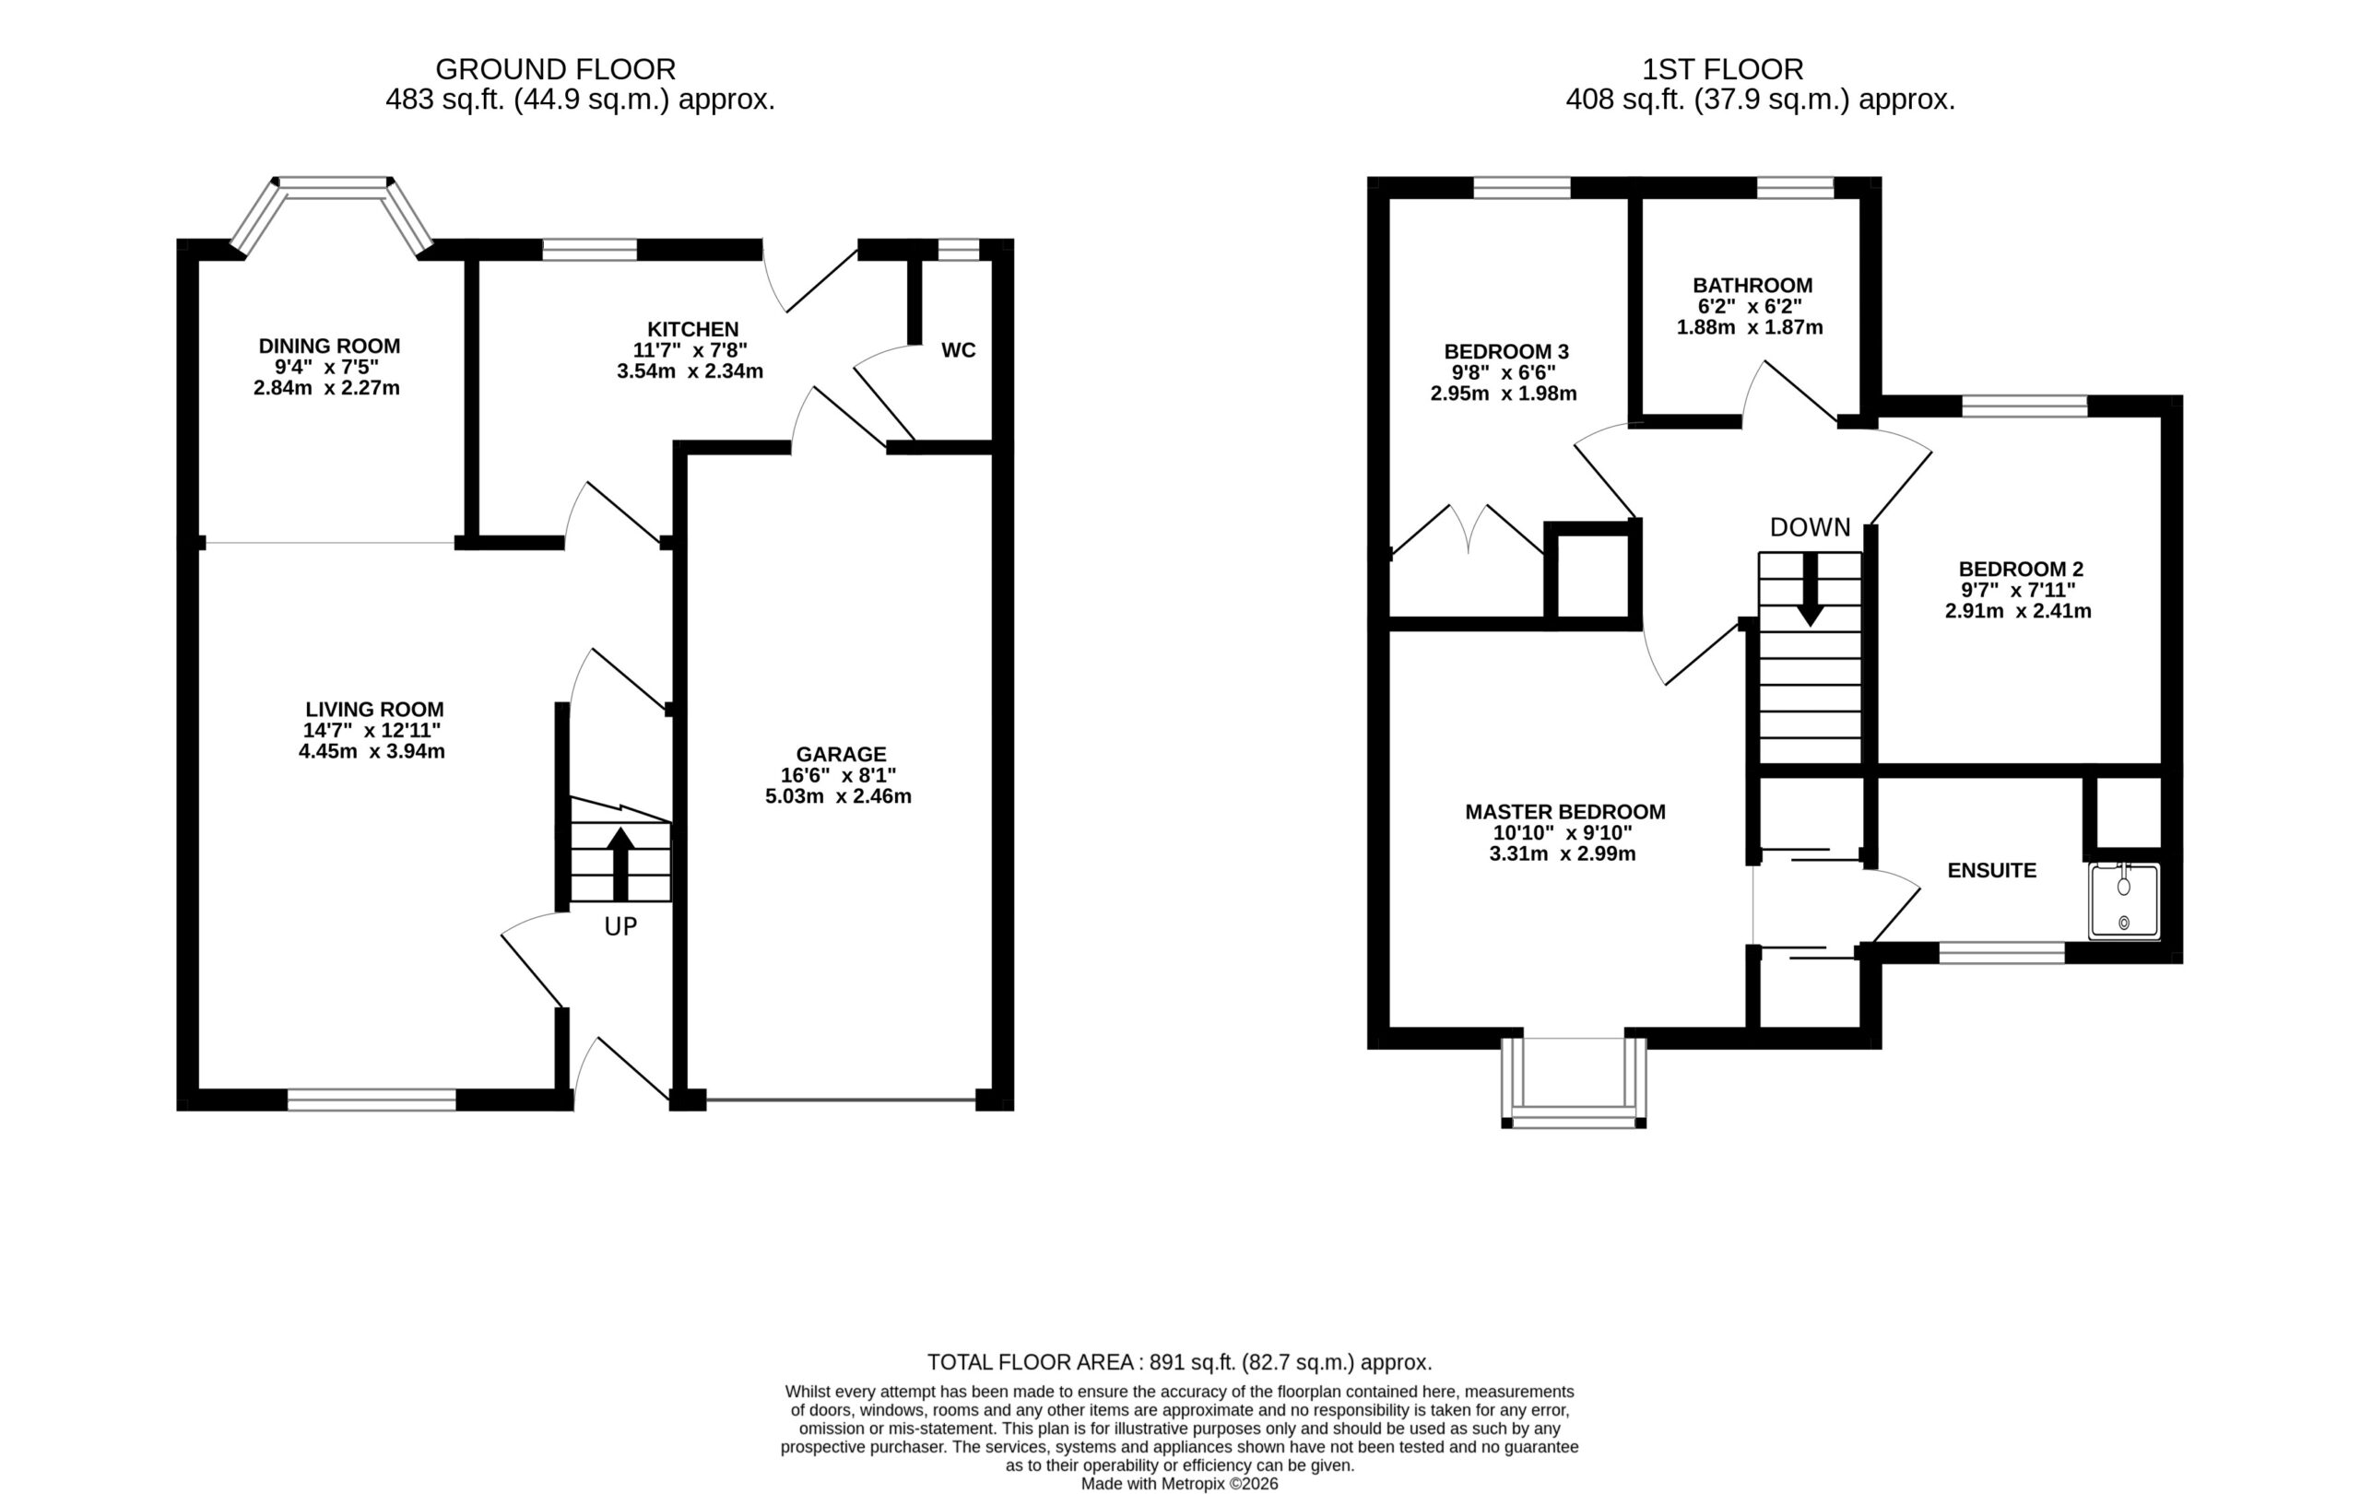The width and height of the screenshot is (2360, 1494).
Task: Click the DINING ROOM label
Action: click(x=329, y=346)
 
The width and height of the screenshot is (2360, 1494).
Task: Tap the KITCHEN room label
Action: click(x=692, y=329)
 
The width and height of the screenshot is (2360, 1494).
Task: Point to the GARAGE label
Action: click(x=841, y=754)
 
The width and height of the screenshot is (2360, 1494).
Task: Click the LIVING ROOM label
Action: click(x=374, y=710)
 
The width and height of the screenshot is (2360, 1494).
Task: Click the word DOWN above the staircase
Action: click(x=1811, y=528)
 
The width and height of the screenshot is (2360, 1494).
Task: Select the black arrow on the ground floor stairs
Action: click(x=620, y=865)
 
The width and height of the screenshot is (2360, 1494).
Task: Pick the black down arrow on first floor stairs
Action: click(x=1811, y=590)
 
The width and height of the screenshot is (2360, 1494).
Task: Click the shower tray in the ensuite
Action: click(x=2124, y=900)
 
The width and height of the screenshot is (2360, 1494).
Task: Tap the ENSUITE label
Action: click(x=1991, y=871)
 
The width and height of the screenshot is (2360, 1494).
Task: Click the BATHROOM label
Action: click(x=1752, y=285)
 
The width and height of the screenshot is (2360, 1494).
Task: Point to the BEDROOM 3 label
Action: click(x=1506, y=352)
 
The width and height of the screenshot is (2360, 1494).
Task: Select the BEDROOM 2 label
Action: click(x=2021, y=570)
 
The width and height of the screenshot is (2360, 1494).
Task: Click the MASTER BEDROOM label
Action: click(x=1565, y=812)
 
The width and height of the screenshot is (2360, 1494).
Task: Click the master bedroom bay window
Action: click(x=1573, y=1083)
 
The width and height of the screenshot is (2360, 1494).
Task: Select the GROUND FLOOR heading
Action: click(x=556, y=69)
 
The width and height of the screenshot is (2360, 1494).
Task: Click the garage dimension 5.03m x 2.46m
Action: click(x=838, y=796)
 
